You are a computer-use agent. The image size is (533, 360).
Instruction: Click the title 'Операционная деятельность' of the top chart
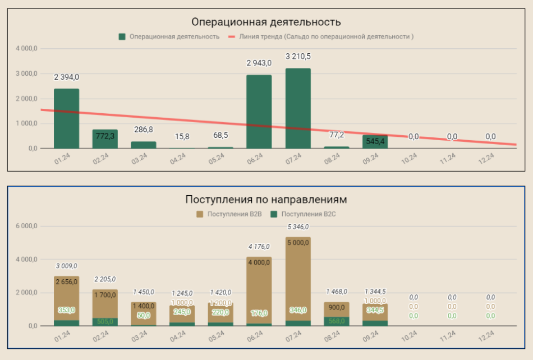[x=266, y=22]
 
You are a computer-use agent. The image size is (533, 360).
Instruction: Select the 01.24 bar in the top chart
[x=66, y=118]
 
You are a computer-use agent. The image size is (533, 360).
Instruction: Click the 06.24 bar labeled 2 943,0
[x=259, y=112]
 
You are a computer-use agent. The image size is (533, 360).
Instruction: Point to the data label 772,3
[x=105, y=136]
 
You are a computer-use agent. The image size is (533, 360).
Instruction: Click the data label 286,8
[x=144, y=130]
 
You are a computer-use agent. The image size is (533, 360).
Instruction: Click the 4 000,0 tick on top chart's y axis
[x=27, y=49]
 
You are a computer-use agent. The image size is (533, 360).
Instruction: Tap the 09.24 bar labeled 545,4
[x=375, y=141]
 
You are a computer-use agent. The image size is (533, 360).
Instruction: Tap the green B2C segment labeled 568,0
[x=337, y=317]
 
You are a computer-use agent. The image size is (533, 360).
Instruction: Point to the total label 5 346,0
[x=298, y=227]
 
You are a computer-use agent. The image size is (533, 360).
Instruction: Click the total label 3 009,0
[x=66, y=266]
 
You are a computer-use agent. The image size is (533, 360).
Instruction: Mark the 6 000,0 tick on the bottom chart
[x=27, y=226]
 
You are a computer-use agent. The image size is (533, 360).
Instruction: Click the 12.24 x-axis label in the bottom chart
[x=486, y=337]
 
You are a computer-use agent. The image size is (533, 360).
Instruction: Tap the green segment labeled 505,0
[x=105, y=321]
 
